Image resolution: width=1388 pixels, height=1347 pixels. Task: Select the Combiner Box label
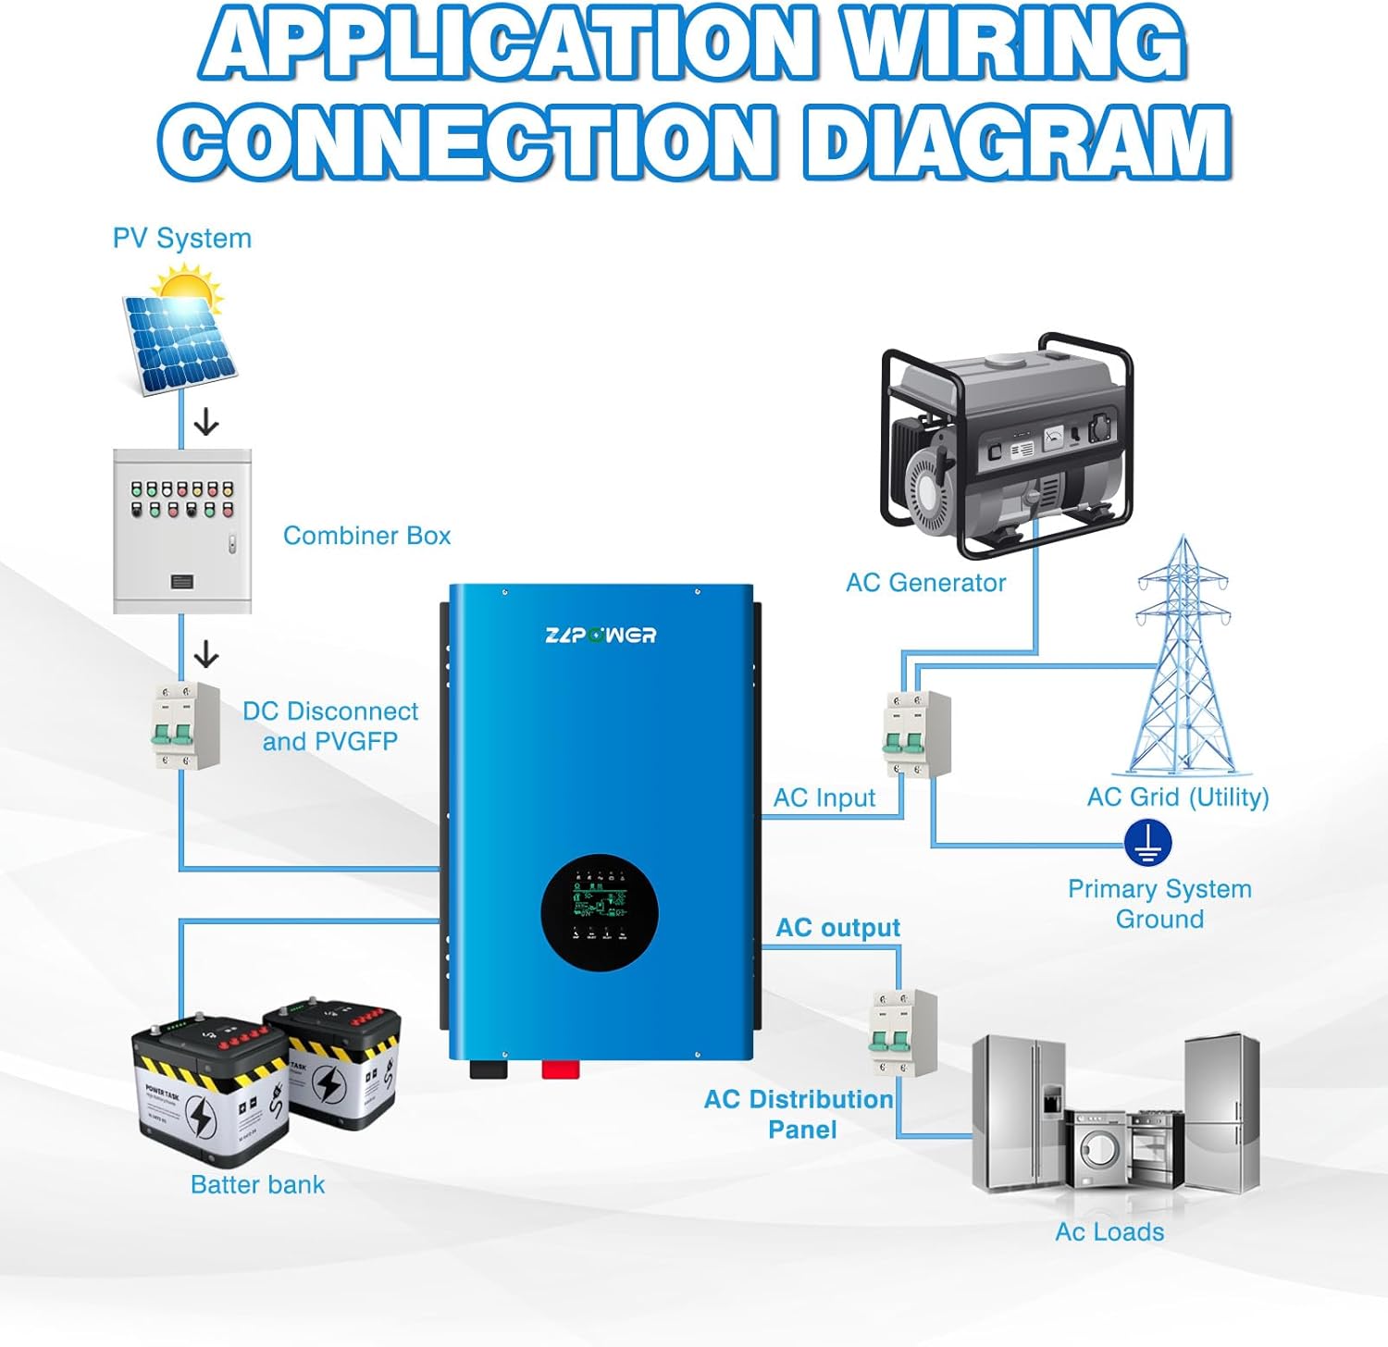(366, 536)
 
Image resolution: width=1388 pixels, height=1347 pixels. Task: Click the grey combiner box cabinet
(182, 531)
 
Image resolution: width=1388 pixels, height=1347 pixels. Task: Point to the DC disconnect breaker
(185, 726)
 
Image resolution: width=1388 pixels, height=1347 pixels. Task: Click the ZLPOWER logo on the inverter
(601, 635)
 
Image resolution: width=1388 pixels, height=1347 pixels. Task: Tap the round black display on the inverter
(600, 911)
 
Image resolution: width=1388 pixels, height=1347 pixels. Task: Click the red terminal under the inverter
(560, 1070)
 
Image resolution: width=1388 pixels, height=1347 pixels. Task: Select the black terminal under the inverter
(489, 1070)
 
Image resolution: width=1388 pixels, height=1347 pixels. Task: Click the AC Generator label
(925, 583)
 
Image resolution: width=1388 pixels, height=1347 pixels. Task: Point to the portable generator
(1006, 444)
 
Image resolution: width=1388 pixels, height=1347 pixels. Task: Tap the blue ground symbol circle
(1147, 843)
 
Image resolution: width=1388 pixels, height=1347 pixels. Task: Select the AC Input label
(824, 797)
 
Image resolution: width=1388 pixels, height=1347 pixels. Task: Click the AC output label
(837, 928)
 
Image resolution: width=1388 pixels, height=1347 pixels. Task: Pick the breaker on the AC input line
(915, 734)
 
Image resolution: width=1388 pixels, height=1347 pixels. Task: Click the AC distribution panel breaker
(902, 1032)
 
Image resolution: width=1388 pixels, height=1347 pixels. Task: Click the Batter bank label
(257, 1184)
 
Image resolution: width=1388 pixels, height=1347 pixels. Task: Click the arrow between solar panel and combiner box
(205, 424)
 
